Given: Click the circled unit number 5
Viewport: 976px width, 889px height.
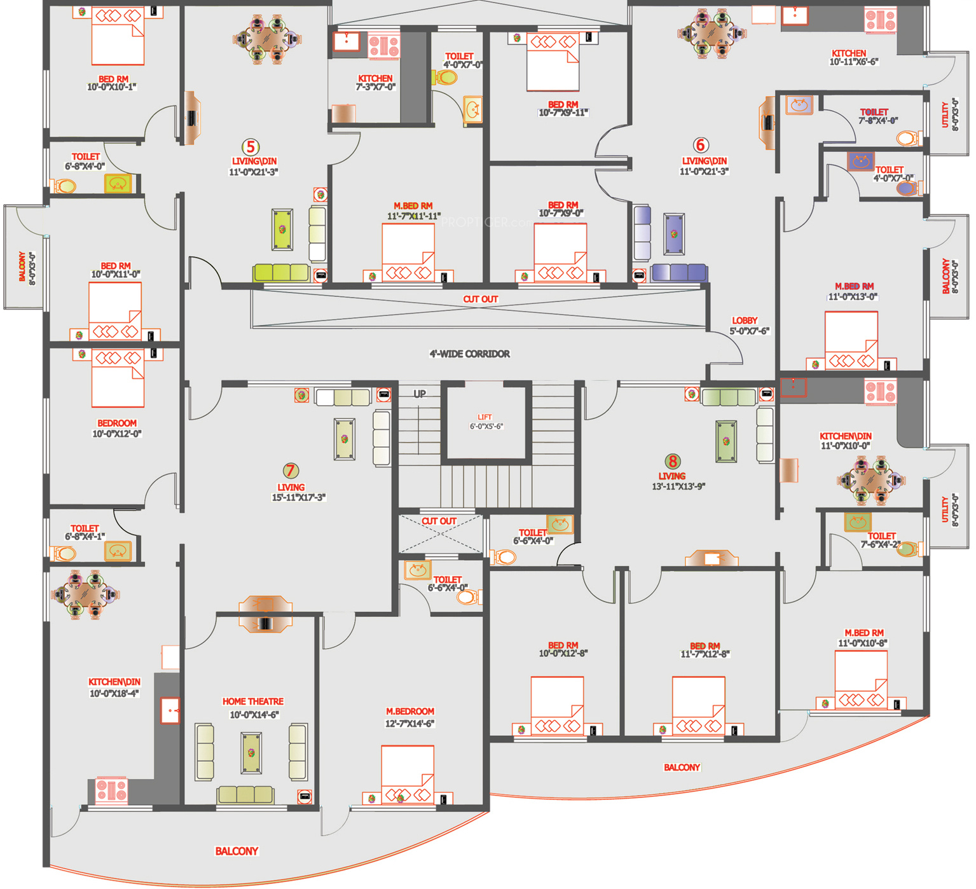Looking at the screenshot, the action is [251, 147].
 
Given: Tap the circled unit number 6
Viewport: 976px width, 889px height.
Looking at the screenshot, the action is [701, 145].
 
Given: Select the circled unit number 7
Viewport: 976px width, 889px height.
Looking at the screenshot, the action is [291, 471].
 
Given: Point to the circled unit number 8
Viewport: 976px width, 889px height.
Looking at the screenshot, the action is [672, 461].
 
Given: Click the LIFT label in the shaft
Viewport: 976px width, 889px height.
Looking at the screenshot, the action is [485, 417].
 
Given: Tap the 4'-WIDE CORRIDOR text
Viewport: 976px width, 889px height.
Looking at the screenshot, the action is [470, 354].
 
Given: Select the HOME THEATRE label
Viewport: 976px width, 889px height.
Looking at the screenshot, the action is [253, 701].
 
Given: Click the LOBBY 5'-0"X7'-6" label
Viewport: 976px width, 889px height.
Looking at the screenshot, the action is [749, 326].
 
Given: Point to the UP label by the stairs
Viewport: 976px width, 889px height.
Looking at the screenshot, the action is [420, 394].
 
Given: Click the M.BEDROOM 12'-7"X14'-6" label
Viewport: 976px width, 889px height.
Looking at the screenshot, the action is [410, 717].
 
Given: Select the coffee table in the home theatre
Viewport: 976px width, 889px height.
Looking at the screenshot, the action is [251, 753].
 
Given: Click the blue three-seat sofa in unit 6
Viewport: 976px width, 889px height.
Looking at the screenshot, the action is [679, 272].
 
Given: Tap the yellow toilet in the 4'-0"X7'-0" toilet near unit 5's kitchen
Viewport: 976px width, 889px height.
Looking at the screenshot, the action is [446, 78].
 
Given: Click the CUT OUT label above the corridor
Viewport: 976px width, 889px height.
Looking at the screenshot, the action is [481, 299].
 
